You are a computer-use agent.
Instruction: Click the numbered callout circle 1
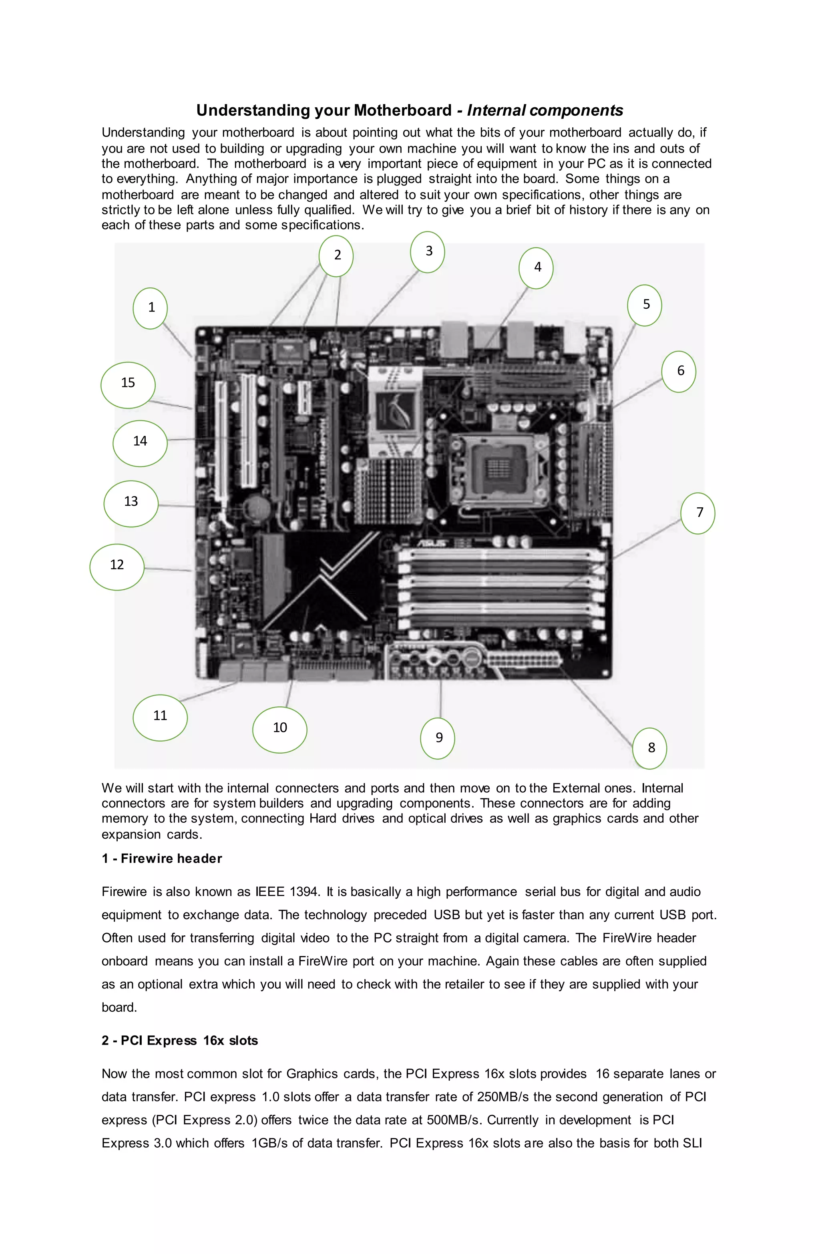tap(150, 308)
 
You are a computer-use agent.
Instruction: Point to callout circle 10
tap(280, 729)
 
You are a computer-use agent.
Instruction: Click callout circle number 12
tap(117, 567)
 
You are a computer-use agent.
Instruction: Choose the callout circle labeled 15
tap(128, 385)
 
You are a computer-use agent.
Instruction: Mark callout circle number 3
tap(427, 252)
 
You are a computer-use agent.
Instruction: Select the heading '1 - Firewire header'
tap(162, 858)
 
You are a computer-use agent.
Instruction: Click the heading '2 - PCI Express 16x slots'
tap(180, 1040)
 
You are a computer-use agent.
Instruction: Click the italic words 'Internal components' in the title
tap(545, 110)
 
